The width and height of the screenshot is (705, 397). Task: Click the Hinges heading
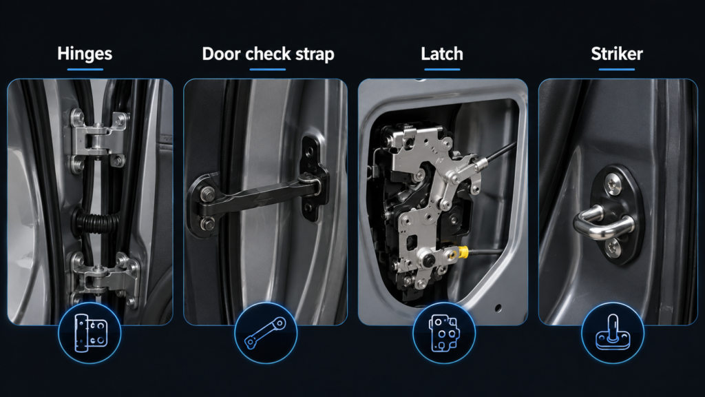pyautogui.click(x=85, y=54)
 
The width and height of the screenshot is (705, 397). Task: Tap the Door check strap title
pyautogui.click(x=268, y=54)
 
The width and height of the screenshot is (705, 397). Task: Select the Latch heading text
pyautogui.click(x=442, y=54)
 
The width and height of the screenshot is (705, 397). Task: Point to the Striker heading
pyautogui.click(x=617, y=54)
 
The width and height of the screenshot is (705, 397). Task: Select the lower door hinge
pyautogui.click(x=103, y=278)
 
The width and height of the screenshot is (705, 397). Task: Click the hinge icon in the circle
pyautogui.click(x=90, y=333)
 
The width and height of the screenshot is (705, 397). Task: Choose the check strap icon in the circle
pyautogui.click(x=265, y=334)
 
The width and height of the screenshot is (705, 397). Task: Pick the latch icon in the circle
pyautogui.click(x=444, y=333)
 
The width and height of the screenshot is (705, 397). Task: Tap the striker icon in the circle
pyautogui.click(x=613, y=333)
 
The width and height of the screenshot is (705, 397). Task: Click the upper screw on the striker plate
pyautogui.click(x=613, y=183)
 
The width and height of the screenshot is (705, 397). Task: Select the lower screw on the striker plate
pyautogui.click(x=613, y=247)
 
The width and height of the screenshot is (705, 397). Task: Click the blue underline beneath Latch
pyautogui.click(x=442, y=70)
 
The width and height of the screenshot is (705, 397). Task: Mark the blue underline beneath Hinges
pyautogui.click(x=85, y=70)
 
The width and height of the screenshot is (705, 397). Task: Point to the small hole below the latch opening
pyautogui.click(x=498, y=308)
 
